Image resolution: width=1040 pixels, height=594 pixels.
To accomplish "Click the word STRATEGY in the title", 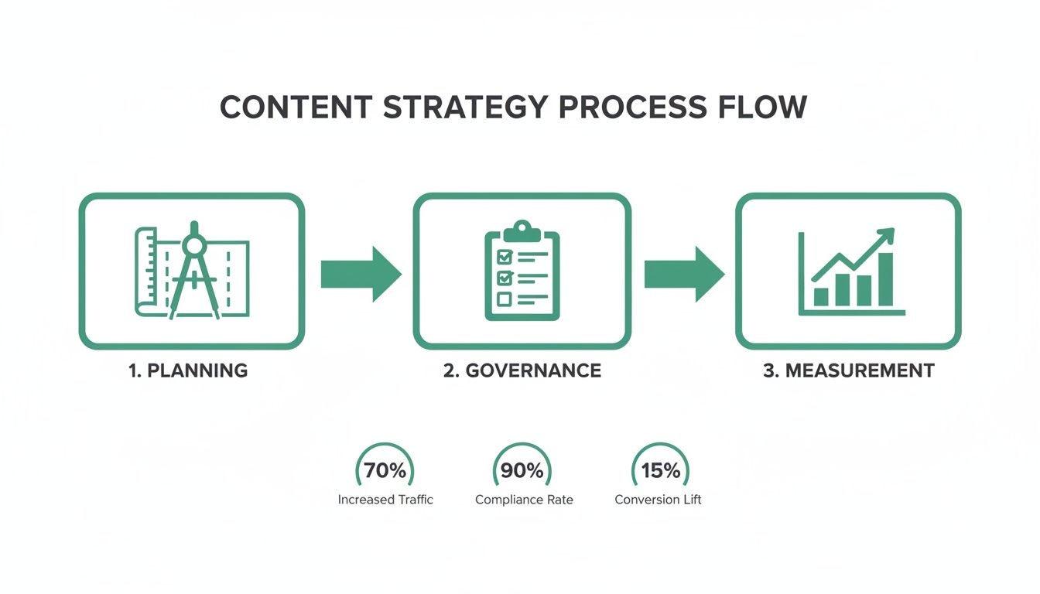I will click(x=465, y=107).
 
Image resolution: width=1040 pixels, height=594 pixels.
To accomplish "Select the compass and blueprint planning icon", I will click(x=192, y=270).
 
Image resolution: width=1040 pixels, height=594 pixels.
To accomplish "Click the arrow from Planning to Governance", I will click(x=361, y=274).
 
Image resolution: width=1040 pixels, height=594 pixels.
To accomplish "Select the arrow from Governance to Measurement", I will click(x=684, y=274).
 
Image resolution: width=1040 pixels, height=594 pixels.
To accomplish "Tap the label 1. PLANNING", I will click(x=188, y=370).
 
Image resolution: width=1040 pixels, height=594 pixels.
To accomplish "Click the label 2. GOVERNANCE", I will click(x=522, y=370).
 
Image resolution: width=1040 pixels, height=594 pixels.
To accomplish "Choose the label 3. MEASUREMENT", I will click(x=849, y=370).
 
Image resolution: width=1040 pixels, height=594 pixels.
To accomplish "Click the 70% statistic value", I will click(x=385, y=470).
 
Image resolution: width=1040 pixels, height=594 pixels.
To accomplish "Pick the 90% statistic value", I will click(x=523, y=470).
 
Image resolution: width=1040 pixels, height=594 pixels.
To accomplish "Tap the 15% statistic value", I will click(x=661, y=470).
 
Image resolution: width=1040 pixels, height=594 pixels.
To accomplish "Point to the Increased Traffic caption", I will click(x=385, y=500).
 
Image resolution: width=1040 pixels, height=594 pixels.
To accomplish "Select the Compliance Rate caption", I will click(x=524, y=500).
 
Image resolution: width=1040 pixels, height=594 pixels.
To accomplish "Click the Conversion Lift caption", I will click(x=658, y=500).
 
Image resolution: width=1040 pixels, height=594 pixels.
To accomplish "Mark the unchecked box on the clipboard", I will click(x=504, y=297).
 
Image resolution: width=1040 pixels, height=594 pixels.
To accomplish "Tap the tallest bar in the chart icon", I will click(x=884, y=279).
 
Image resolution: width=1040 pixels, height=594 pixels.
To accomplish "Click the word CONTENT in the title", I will click(x=296, y=107).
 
